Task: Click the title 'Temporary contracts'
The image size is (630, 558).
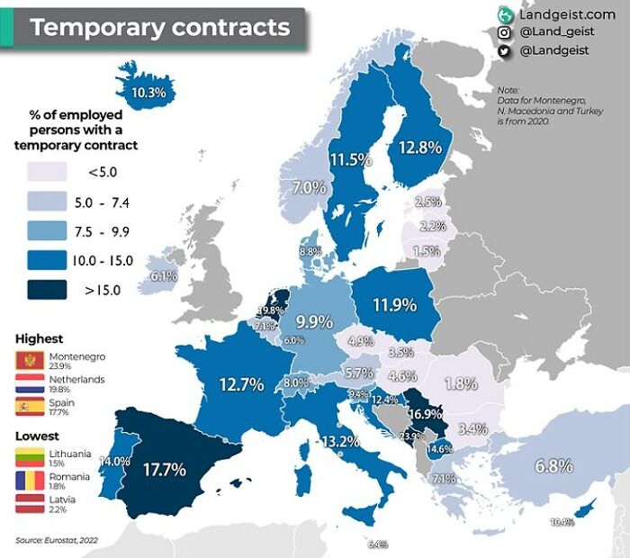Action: pyautogui.click(x=161, y=27)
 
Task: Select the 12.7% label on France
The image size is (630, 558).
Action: pyautogui.click(x=241, y=384)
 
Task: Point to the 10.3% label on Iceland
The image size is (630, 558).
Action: pyautogui.click(x=148, y=92)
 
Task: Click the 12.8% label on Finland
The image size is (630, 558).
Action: pyautogui.click(x=420, y=147)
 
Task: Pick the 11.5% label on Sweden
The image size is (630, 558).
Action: pyautogui.click(x=350, y=160)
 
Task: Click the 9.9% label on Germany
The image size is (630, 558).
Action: pyautogui.click(x=315, y=320)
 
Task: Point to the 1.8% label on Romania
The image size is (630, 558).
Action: pyautogui.click(x=461, y=382)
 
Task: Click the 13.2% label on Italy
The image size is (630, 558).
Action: pyautogui.click(x=341, y=441)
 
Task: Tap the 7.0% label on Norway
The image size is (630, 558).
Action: pyautogui.click(x=309, y=188)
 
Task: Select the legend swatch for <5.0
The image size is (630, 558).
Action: pyautogui.click(x=49, y=171)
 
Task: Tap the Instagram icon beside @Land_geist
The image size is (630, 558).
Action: pyautogui.click(x=504, y=33)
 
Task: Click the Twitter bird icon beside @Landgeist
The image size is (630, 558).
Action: pyautogui.click(x=504, y=52)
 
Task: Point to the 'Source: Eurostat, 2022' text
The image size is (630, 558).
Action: pyautogui.click(x=57, y=540)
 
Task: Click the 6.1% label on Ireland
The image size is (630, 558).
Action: pyautogui.click(x=163, y=276)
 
